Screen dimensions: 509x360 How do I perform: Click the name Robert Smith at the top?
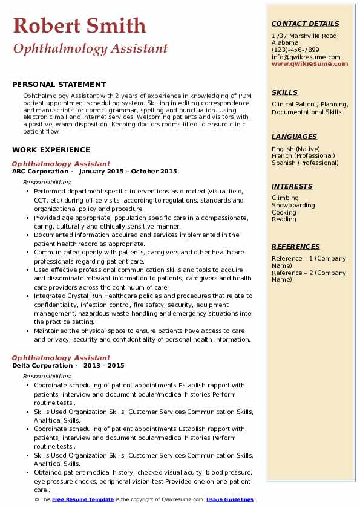(79, 25)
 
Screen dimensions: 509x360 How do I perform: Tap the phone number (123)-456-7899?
(295, 50)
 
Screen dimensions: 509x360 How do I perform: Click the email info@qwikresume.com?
(306, 57)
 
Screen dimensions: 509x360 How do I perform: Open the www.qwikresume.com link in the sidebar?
(310, 63)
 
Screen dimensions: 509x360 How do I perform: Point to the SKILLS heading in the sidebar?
(284, 92)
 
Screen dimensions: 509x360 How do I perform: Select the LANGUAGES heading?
(294, 137)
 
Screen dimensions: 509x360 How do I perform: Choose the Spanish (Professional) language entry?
(305, 163)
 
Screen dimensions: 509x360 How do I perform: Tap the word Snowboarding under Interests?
(293, 205)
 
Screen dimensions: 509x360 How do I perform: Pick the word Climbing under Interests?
(285, 198)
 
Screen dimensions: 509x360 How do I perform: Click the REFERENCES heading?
(296, 247)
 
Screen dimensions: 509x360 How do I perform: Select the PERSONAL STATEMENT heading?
(59, 85)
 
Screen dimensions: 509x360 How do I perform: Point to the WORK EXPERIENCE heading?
(51, 149)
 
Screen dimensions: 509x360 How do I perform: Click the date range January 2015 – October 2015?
(128, 171)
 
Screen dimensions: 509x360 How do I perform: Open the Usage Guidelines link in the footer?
(229, 499)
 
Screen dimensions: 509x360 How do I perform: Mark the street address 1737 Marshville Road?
(304, 36)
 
